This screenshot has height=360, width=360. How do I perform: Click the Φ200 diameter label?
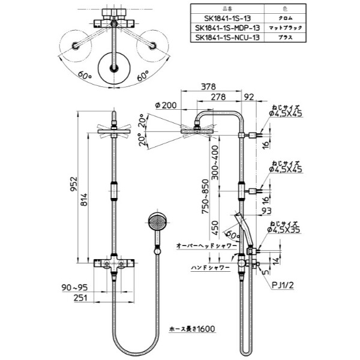[165, 106]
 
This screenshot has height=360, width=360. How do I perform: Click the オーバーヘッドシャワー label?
[203, 246]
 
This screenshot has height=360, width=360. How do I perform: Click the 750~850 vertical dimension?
[207, 199]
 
